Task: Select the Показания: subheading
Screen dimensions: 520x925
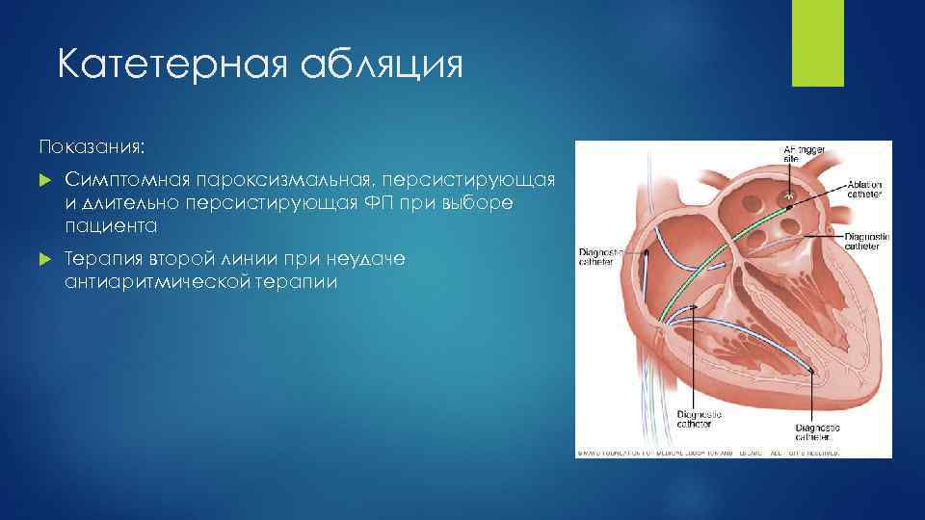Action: pyautogui.click(x=92, y=146)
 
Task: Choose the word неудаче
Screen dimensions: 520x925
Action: pyautogui.click(x=372, y=259)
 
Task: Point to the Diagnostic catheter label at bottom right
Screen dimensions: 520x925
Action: pyautogui.click(x=817, y=432)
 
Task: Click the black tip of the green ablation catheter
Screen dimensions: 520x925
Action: pyautogui.click(x=789, y=199)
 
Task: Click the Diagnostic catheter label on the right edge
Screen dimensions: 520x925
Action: pyautogui.click(x=864, y=242)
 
